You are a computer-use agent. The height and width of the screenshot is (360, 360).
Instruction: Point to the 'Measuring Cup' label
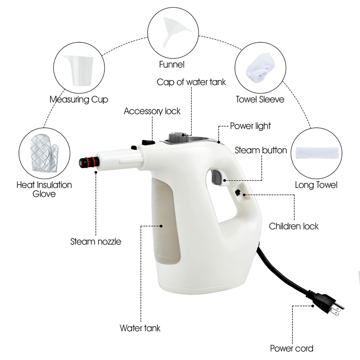[x=79, y=99]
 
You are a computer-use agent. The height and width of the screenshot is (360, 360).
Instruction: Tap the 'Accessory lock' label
[x=152, y=111]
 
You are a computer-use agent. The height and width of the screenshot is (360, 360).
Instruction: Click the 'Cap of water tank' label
[x=191, y=82]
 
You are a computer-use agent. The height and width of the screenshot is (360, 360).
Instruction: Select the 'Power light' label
[x=250, y=126]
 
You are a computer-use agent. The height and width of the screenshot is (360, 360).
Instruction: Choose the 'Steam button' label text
[x=261, y=150]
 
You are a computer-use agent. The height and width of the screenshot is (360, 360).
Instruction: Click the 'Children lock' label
[x=293, y=226]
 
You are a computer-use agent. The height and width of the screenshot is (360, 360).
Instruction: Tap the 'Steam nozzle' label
[x=96, y=242]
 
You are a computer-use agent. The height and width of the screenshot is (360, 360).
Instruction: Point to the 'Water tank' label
[x=140, y=328]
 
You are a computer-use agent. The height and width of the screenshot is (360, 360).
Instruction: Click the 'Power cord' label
[x=292, y=348]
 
